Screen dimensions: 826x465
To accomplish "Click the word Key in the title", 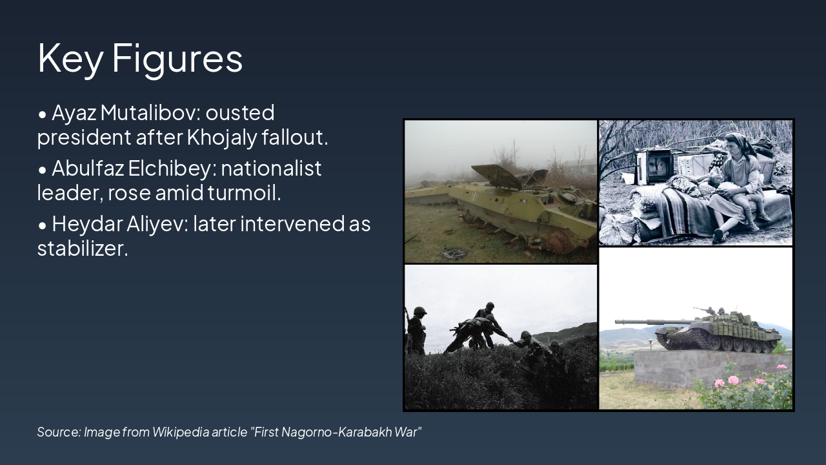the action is (70, 59).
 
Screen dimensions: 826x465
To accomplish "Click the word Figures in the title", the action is (177, 59).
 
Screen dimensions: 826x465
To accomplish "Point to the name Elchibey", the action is (172, 169).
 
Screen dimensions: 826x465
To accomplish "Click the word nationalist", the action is (272, 169).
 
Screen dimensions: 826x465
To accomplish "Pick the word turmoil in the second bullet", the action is (244, 192).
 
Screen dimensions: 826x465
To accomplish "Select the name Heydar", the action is (87, 224).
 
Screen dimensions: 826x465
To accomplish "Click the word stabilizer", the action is (83, 248).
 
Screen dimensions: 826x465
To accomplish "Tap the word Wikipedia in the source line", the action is (181, 432).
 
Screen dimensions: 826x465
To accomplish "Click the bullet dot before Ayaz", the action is (43, 114).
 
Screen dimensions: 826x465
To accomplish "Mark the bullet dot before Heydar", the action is (43, 225).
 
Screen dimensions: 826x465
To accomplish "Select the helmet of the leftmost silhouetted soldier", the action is (419, 311).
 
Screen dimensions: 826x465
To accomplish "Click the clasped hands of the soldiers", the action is (510, 338).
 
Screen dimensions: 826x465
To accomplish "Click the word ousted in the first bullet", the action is (240, 112).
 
